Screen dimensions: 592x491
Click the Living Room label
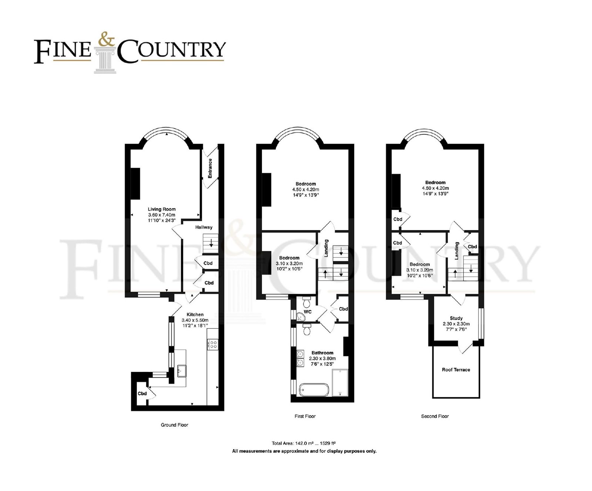pos(162,209)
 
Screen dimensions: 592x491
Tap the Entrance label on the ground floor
pos(210,168)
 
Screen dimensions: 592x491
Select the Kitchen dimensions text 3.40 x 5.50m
pos(195,320)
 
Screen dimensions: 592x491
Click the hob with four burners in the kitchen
pos(213,344)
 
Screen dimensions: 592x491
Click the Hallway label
pos(204,227)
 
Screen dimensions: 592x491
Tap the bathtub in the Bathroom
pos(313,390)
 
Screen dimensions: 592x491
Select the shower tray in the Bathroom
pos(340,383)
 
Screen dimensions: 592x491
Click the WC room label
pos(308,312)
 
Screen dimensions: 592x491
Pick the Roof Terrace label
pos(456,370)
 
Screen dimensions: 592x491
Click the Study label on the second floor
pos(456,318)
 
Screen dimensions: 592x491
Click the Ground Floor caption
pos(174,425)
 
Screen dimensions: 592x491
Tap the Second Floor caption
pos(435,416)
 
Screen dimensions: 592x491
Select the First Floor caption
pos(305,416)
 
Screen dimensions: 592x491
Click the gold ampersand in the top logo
pos(106,40)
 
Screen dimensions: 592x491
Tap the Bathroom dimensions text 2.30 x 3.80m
pos(322,358)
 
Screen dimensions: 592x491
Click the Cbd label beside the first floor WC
pos(343,309)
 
